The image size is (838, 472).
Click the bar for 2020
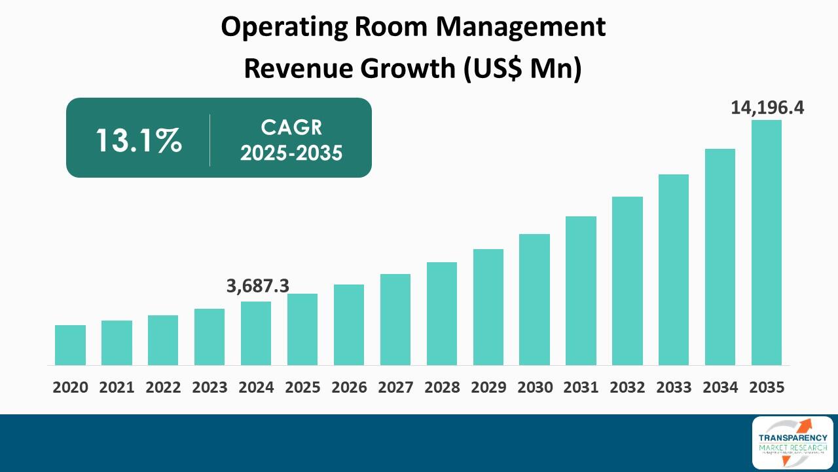point(70,345)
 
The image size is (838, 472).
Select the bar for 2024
point(256,333)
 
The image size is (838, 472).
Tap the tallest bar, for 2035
point(766,243)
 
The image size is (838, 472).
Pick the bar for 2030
point(534,300)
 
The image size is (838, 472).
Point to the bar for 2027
point(395,319)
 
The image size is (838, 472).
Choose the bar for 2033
point(674,269)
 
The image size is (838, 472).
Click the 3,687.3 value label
point(258,286)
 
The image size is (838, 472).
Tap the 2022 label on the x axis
point(163,387)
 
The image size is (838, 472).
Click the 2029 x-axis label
point(488,387)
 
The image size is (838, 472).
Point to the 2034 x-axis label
point(720,387)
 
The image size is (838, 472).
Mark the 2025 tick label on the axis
point(302,387)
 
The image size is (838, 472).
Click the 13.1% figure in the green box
point(138,140)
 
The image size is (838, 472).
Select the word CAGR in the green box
point(291,127)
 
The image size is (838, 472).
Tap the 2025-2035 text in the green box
point(291,153)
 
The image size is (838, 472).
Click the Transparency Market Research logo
point(792,442)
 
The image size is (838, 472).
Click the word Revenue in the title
point(285,68)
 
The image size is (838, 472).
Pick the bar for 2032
point(627,281)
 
